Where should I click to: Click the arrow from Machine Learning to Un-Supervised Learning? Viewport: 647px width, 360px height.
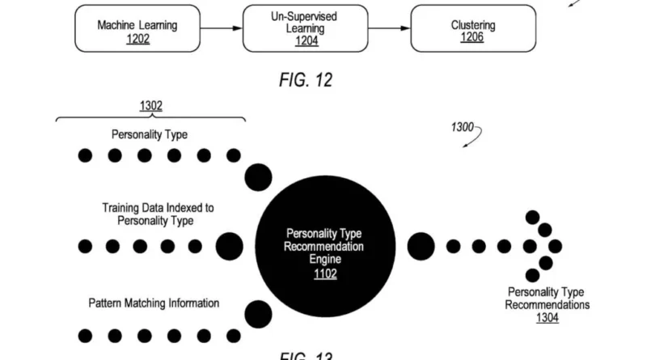220,28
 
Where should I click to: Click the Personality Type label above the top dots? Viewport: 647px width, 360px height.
150,134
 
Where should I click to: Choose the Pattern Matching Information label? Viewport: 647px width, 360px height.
154,303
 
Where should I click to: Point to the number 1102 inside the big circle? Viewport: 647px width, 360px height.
326,273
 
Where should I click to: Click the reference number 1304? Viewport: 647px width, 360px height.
548,318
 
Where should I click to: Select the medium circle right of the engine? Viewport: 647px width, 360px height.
421,245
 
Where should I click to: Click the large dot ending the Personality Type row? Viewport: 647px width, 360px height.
258,176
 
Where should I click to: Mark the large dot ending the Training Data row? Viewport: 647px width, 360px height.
230,246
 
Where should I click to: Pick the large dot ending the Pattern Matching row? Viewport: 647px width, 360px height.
258,314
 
